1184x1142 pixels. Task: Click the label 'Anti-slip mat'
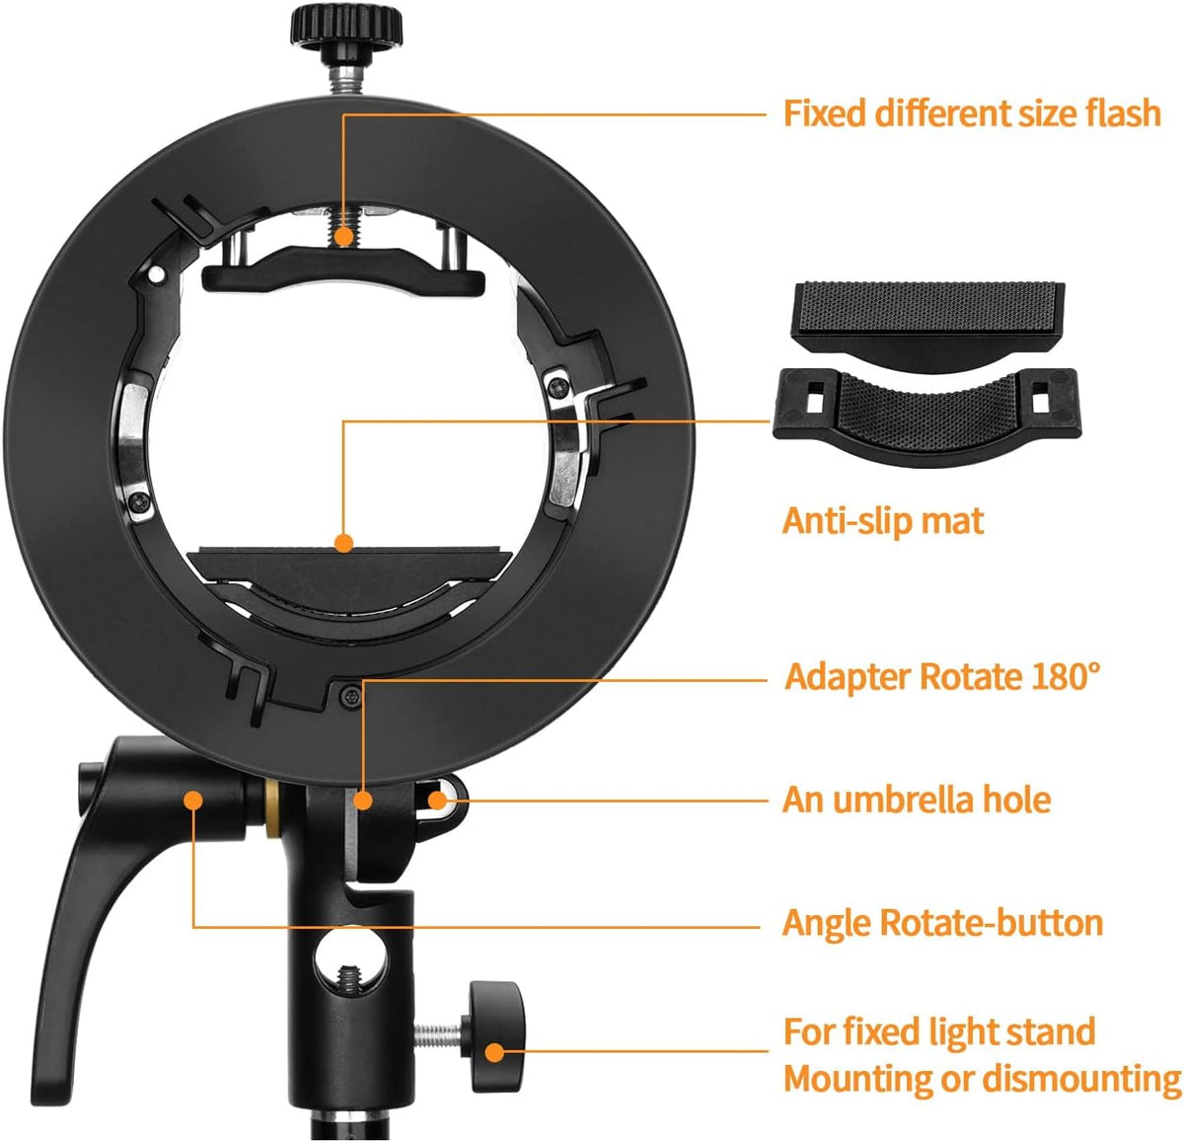click(x=882, y=521)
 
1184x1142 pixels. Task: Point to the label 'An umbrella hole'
click(x=917, y=799)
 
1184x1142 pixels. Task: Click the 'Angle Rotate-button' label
click(x=942, y=923)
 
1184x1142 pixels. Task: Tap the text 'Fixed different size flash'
click(x=972, y=114)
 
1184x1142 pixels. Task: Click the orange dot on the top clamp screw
click(x=343, y=237)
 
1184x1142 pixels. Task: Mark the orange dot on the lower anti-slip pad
click(x=343, y=543)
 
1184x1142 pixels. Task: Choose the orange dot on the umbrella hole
click(x=437, y=799)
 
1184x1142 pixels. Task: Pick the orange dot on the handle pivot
click(x=192, y=799)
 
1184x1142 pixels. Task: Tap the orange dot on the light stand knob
click(x=496, y=1052)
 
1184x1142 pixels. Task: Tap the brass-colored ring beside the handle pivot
click(x=271, y=809)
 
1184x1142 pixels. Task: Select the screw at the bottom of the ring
click(x=349, y=698)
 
